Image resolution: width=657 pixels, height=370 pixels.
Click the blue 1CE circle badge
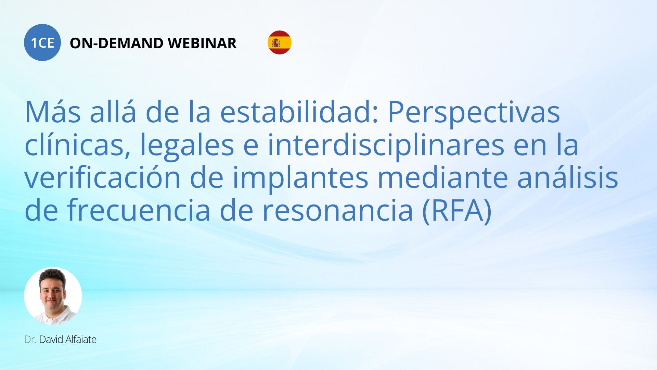pyautogui.click(x=42, y=42)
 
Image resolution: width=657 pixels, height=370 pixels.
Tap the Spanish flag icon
pyautogui.click(x=280, y=42)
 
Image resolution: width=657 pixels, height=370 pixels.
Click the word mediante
pyautogui.click(x=443, y=177)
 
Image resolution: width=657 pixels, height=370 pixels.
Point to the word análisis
pyautogui.click(x=568, y=177)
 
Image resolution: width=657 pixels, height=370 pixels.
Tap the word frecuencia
pyautogui.click(x=139, y=210)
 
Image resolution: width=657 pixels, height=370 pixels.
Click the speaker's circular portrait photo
pyautogui.click(x=53, y=296)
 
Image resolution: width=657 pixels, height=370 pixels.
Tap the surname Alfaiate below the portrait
pyautogui.click(x=81, y=340)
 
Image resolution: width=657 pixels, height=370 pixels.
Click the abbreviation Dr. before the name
pyautogui.click(x=30, y=340)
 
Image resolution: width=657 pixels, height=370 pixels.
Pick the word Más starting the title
pyautogui.click(x=53, y=112)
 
